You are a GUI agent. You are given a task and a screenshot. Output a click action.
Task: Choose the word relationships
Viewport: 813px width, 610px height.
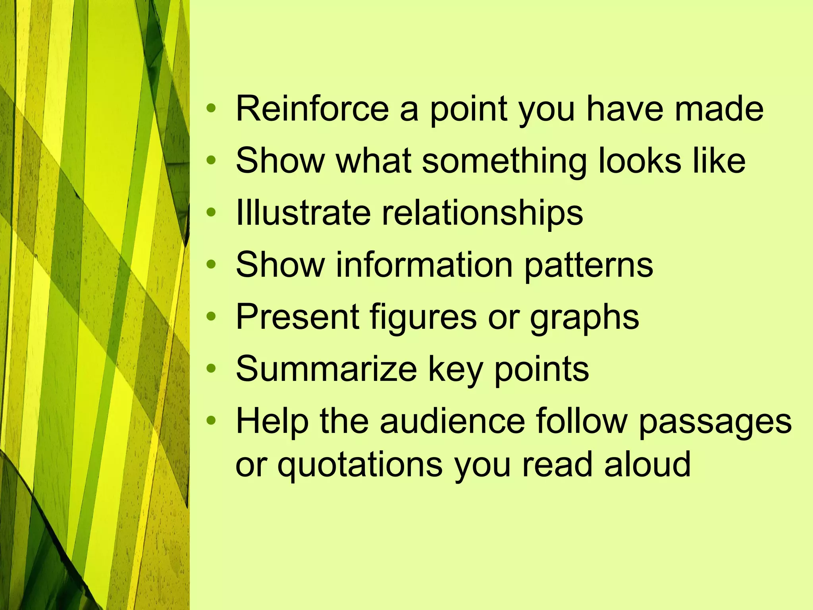(x=482, y=213)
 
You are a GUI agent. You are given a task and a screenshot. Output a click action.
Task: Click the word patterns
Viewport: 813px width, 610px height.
(x=589, y=265)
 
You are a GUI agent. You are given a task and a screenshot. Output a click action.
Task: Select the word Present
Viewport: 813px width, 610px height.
(x=297, y=317)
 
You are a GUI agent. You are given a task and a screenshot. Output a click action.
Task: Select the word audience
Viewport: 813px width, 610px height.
(x=453, y=421)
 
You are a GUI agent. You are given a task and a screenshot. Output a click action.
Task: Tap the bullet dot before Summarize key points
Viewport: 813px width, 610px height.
(x=212, y=368)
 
